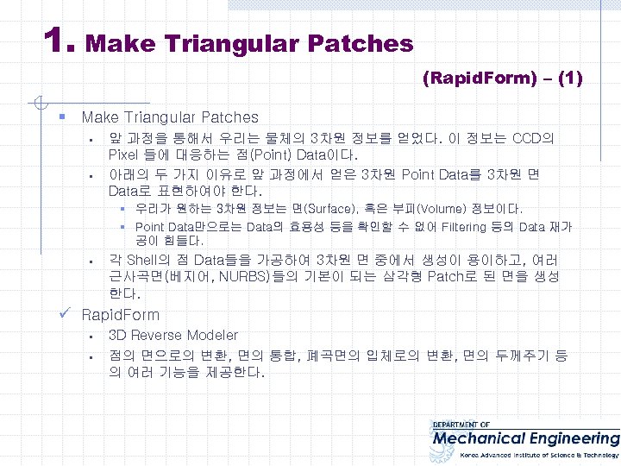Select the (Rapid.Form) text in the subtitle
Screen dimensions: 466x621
coord(479,79)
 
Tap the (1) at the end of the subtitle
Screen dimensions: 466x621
coord(570,79)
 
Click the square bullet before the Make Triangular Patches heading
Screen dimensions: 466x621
coord(63,116)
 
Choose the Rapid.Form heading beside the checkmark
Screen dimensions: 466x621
coord(120,315)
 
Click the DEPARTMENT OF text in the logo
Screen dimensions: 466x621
coord(461,425)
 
